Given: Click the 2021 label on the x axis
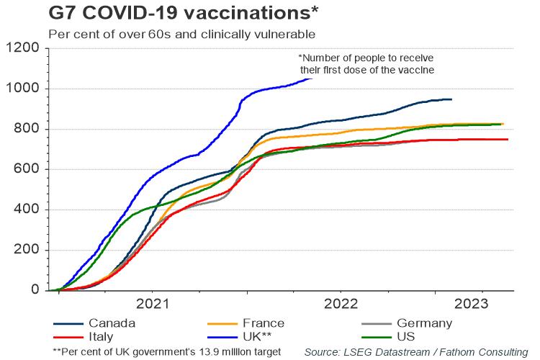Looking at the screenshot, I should tap(152, 302).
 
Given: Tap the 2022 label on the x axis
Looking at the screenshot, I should tap(342, 302).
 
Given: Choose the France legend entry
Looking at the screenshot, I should tap(264, 323).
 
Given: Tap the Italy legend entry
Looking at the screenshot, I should tap(102, 337).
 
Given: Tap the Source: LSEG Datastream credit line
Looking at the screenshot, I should tap(415, 352).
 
